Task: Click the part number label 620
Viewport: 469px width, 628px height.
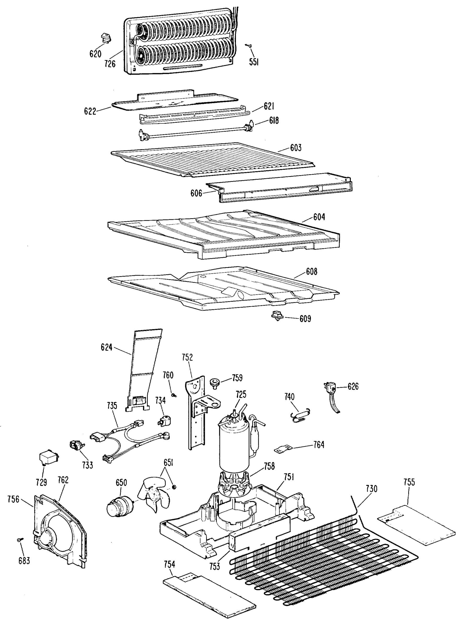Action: pyautogui.click(x=95, y=54)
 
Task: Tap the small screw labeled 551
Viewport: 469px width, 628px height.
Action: pyautogui.click(x=249, y=46)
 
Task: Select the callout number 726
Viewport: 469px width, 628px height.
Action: pyautogui.click(x=110, y=64)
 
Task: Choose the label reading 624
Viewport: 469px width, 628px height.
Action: pyautogui.click(x=106, y=347)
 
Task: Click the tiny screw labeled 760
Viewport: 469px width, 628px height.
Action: pyautogui.click(x=174, y=395)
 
